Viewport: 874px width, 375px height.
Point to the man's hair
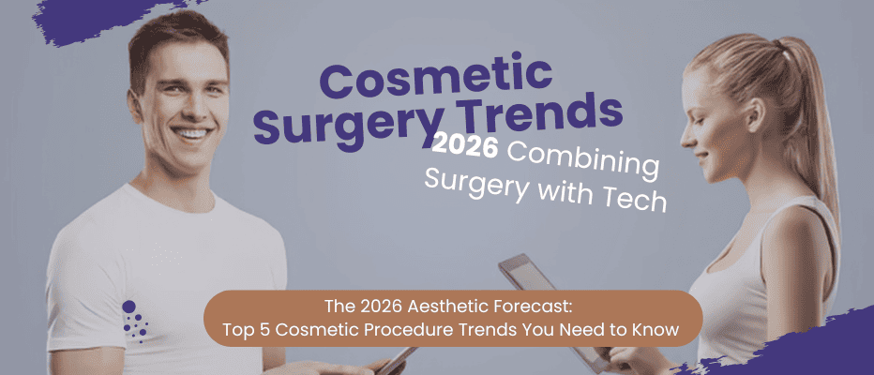point(178,37)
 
